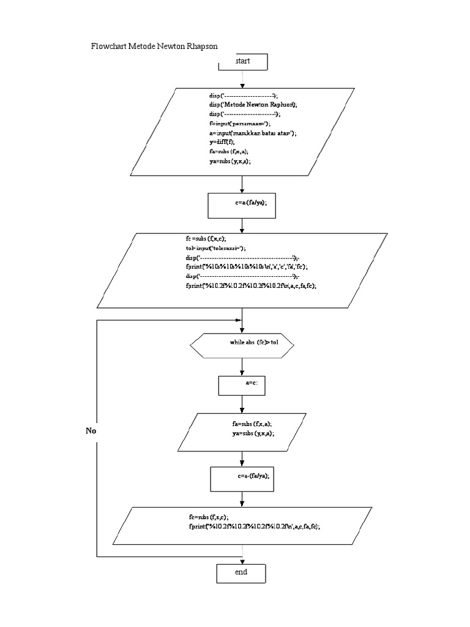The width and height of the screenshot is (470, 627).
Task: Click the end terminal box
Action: click(242, 573)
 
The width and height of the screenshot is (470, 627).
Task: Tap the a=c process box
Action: click(242, 386)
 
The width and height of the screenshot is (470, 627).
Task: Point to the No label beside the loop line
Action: click(91, 431)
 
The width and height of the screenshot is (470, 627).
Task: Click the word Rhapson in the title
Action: click(198, 46)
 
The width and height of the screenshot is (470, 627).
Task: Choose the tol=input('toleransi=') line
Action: click(215, 249)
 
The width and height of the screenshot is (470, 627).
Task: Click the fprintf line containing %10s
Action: click(247, 267)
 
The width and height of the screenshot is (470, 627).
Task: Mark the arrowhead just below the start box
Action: click(243, 85)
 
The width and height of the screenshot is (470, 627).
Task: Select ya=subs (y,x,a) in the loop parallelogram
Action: click(253, 433)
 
